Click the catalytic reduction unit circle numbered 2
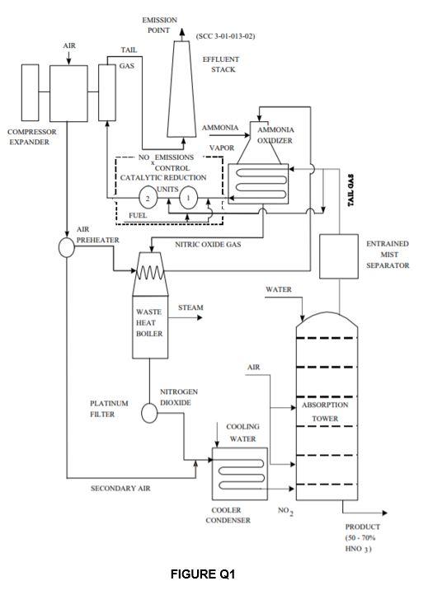(x=148, y=199)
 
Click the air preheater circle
(x=66, y=248)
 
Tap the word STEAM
(x=190, y=308)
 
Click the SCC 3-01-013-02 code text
(x=226, y=37)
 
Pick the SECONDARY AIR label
(x=120, y=488)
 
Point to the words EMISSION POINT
(x=158, y=25)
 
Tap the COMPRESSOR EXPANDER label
(x=29, y=137)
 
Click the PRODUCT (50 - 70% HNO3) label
(x=362, y=537)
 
